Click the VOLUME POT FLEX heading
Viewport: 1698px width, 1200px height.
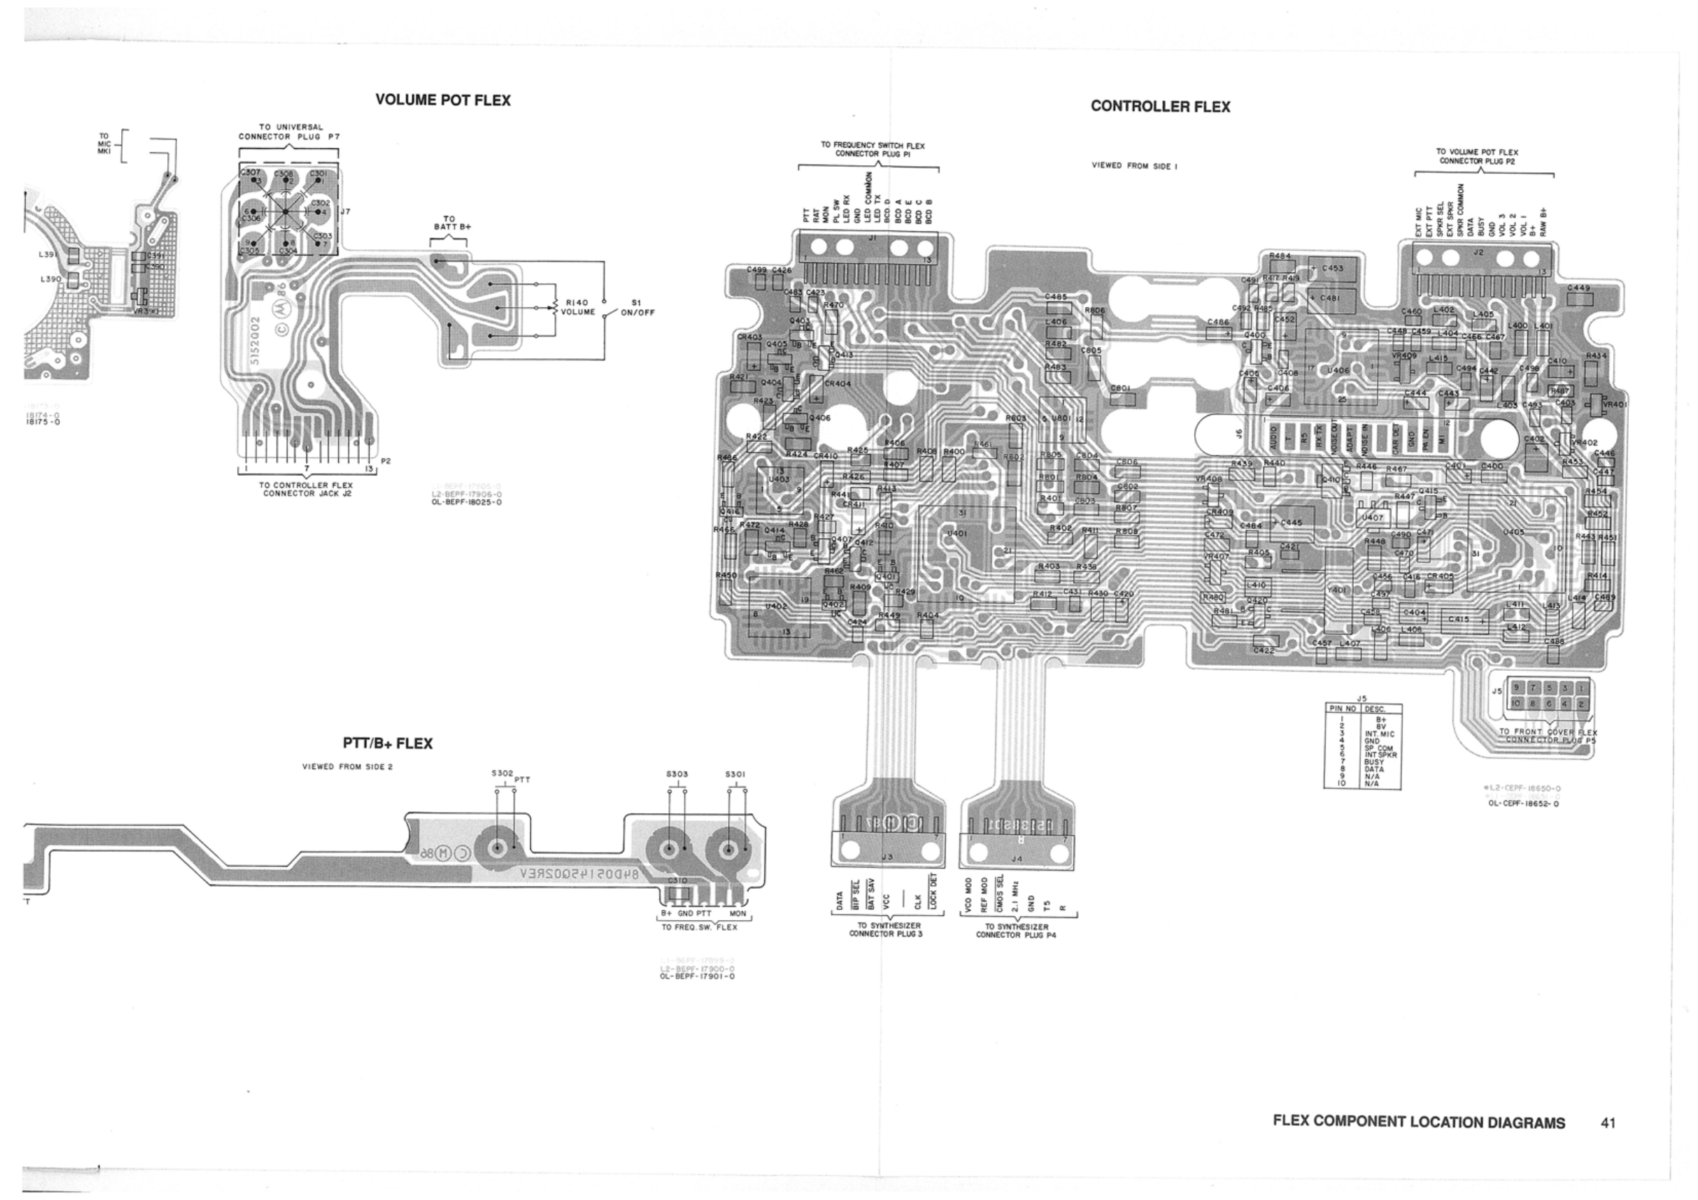coord(443,100)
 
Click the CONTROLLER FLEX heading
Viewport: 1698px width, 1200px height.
coord(1159,107)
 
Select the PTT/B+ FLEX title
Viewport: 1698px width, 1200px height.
coord(387,744)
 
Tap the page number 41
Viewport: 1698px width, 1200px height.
coord(1608,1122)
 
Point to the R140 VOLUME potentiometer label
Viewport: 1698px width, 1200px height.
coord(577,307)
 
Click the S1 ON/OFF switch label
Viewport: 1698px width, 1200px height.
coord(638,307)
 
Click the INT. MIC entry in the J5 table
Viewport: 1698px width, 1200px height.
coord(1379,734)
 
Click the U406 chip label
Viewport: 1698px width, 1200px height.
coord(1339,370)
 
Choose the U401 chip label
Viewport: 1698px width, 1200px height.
coord(957,533)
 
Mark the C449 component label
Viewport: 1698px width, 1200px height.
coord(1578,288)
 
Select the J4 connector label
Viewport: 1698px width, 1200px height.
coord(1016,859)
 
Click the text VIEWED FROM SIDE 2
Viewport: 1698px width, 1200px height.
coord(347,767)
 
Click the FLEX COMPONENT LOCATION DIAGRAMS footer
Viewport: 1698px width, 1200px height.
coord(1419,1122)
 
